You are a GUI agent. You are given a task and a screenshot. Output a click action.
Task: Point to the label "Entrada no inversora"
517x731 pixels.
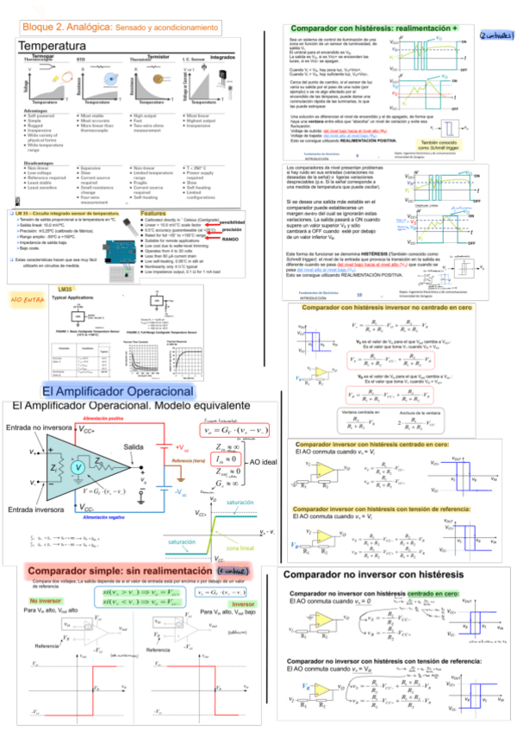(39, 428)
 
